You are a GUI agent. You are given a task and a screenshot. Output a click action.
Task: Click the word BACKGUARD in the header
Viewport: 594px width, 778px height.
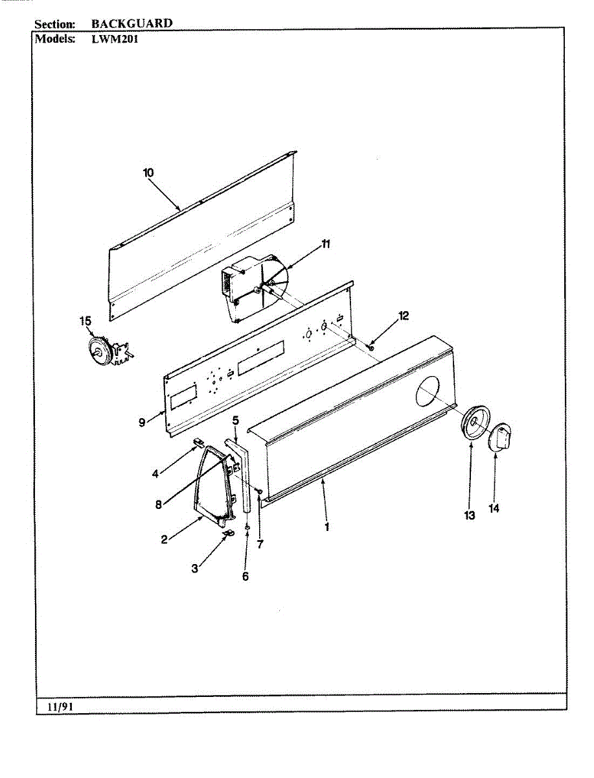(x=131, y=23)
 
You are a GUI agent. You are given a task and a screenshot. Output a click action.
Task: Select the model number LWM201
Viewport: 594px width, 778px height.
(x=115, y=38)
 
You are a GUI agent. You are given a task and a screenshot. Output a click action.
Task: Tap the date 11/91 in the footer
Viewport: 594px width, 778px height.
(x=58, y=707)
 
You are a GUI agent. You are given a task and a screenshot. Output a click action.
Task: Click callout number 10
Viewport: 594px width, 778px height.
(x=148, y=172)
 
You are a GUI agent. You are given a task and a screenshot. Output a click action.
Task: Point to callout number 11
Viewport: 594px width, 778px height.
(x=326, y=244)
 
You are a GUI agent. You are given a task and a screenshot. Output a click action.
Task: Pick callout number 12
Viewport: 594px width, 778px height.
(x=404, y=316)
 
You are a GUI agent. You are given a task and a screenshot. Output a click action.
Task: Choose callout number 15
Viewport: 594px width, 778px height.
(x=86, y=321)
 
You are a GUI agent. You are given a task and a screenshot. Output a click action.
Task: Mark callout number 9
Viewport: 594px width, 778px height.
(x=142, y=422)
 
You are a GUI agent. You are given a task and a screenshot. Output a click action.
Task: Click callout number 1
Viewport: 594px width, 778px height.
(x=327, y=527)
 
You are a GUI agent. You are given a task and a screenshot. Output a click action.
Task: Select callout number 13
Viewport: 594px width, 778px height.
(x=470, y=515)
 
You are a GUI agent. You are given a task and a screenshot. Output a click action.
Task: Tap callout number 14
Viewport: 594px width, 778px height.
(x=494, y=509)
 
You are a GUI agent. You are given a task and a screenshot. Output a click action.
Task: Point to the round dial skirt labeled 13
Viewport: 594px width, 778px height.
(x=475, y=424)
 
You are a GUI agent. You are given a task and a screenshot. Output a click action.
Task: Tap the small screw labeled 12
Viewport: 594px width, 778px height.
(x=371, y=348)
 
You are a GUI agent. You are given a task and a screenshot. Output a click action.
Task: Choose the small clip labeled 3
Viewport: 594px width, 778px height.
(x=228, y=533)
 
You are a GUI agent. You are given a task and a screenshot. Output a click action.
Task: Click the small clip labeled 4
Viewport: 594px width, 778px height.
(x=198, y=442)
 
